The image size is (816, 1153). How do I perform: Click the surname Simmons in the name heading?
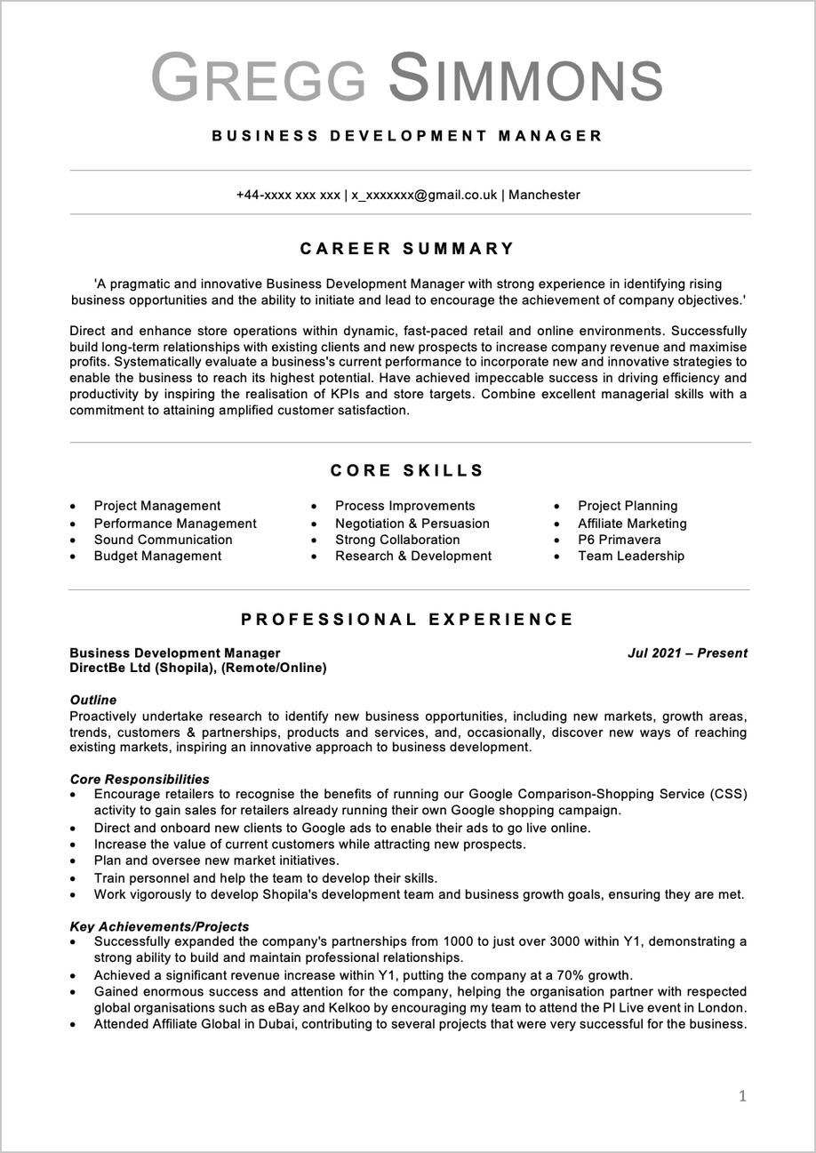coord(526,78)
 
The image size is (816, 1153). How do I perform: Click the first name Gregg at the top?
coord(259,78)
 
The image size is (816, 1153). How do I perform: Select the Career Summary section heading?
coord(408,249)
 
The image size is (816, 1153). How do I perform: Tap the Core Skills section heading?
coord(408,471)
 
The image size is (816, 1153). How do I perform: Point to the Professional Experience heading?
coord(408,620)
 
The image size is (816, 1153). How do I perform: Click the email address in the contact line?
coord(424,195)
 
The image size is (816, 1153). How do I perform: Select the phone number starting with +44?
coord(288,195)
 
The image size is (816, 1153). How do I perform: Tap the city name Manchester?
coord(544,195)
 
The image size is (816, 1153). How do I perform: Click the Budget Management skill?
coord(157,556)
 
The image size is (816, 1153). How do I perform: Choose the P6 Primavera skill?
coord(620,540)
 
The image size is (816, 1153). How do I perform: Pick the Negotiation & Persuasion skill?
coord(412,524)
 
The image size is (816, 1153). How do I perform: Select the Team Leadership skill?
coord(631,556)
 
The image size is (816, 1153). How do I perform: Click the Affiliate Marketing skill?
coord(632,524)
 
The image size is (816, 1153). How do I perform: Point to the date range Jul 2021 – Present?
coord(687,653)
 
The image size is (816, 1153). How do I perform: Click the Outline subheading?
coord(93,701)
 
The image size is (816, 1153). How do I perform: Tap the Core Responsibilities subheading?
coord(140,780)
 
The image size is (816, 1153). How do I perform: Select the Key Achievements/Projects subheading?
coord(159,926)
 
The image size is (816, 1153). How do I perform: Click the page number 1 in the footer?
coord(742,1096)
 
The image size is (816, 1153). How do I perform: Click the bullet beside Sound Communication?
coord(73,540)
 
